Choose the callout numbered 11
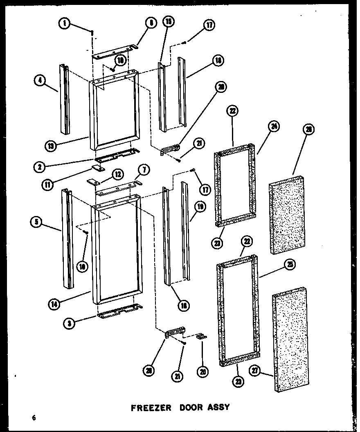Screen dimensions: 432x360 coord(48,185)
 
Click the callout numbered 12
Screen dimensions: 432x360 coord(118,174)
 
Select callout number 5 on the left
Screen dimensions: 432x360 coord(36,222)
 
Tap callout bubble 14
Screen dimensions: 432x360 coord(53,304)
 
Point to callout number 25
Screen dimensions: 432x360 coord(290,265)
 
